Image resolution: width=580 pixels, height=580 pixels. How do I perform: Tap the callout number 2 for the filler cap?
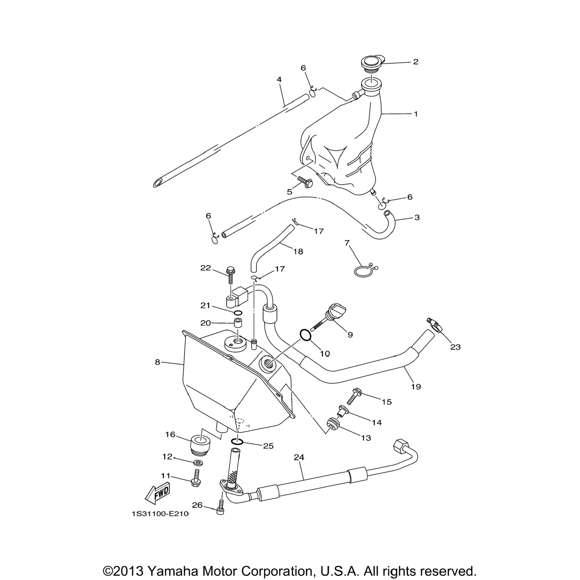click(x=416, y=62)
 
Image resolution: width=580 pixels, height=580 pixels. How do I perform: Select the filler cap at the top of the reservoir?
click(x=371, y=63)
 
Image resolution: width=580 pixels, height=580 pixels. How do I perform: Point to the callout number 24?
click(x=299, y=457)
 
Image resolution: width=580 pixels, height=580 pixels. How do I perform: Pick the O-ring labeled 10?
click(x=305, y=335)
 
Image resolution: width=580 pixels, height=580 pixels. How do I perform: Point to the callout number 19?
click(x=416, y=386)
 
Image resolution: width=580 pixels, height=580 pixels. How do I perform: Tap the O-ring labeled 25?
click(x=237, y=442)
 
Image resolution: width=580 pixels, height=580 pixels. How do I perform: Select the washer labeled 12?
click(x=198, y=462)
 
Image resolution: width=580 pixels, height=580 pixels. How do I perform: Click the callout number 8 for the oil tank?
click(x=157, y=362)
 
